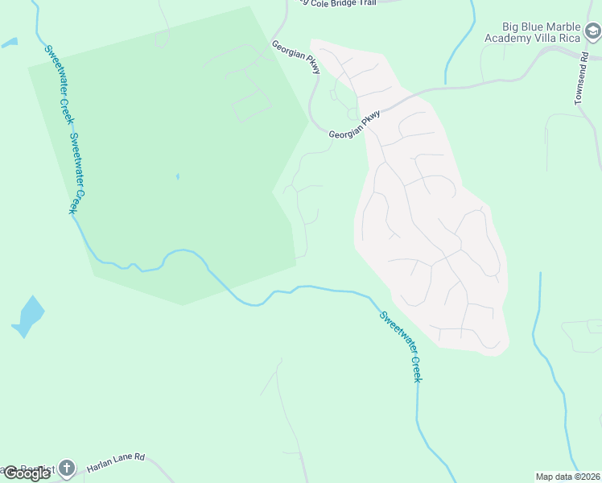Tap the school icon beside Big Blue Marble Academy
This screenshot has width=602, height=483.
593,32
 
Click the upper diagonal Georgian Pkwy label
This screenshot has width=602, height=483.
296,57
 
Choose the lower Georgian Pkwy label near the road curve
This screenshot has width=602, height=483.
354,128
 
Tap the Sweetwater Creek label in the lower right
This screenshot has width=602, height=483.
401,346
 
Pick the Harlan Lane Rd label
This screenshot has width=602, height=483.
116,457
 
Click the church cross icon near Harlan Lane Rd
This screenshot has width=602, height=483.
66,468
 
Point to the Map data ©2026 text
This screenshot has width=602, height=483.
567,477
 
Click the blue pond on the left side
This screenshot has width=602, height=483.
30,316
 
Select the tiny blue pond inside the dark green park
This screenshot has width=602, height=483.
177,176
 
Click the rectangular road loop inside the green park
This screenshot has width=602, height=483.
251,105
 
